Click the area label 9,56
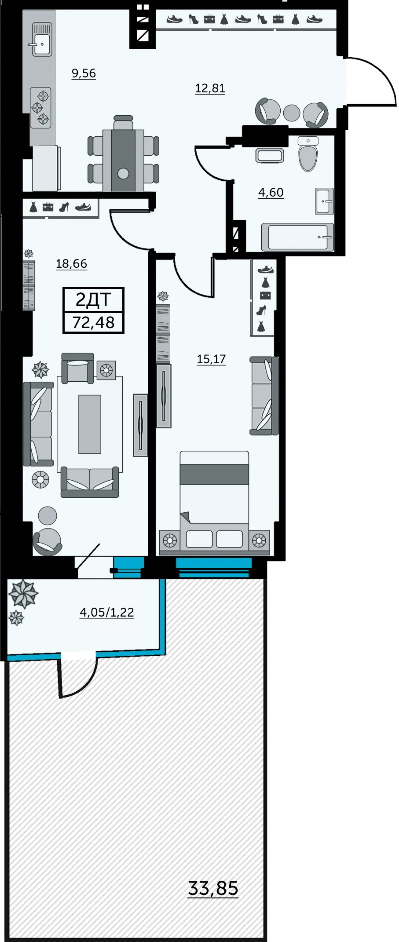point(84,73)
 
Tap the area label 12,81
point(210,88)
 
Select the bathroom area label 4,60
point(271,193)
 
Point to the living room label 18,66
point(72,264)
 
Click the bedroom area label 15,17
point(212,359)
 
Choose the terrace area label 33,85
point(213,888)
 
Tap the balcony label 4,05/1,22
point(107,612)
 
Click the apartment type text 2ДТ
point(93,300)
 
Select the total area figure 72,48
point(94,322)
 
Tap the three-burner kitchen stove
point(40,107)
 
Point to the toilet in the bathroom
point(308,154)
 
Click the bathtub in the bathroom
point(298,237)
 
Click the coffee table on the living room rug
point(90,424)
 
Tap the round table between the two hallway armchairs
point(292,113)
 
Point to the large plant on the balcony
point(23,594)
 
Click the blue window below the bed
point(214,567)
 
